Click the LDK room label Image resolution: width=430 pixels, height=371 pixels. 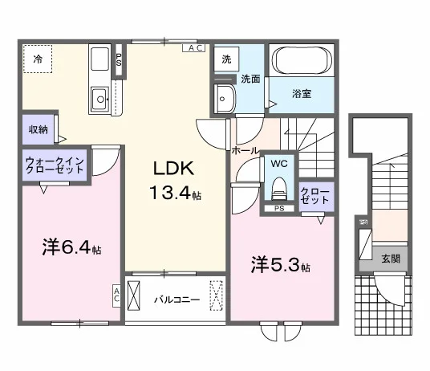click(173, 168)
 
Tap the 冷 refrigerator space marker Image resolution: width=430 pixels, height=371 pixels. click(38, 59)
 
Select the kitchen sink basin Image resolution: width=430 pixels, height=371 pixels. click(99, 99)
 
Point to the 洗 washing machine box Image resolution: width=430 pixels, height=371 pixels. click(226, 59)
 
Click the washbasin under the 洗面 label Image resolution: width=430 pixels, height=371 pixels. click(225, 98)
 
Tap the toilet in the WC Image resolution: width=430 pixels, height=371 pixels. click(278, 188)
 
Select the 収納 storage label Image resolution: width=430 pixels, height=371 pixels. click(39, 129)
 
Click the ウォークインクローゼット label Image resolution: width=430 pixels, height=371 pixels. click(55, 165)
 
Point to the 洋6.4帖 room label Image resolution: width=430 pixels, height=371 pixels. click(72, 247)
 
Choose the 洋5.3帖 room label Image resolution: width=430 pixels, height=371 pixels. click(281, 264)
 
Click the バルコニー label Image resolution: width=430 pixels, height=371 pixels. click(176, 300)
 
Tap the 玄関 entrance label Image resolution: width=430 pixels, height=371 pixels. click(391, 259)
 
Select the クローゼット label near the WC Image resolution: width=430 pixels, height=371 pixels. click(314, 196)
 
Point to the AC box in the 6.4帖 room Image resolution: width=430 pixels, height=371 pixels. click(116, 296)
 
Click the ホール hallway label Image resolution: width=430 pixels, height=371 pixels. click(245, 150)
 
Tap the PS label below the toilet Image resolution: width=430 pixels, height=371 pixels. click(279, 209)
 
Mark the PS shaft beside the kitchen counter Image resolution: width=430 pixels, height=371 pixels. click(119, 59)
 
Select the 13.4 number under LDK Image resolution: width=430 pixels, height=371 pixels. click(170, 192)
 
